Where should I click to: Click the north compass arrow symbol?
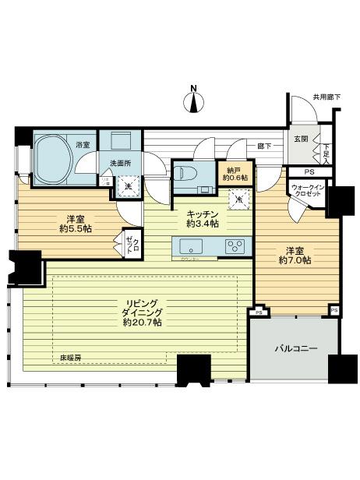click(196, 100)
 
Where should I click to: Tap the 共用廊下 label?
click(327, 97)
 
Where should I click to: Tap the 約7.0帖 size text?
click(295, 261)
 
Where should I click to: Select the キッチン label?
click(202, 213)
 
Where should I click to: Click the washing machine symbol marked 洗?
click(129, 186)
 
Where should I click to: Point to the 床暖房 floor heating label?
click(72, 358)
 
